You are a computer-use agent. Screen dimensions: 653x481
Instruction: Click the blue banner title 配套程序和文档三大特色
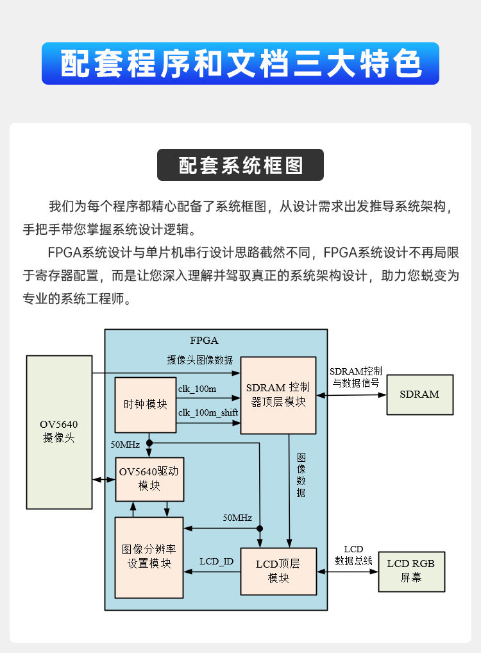coord(240,64)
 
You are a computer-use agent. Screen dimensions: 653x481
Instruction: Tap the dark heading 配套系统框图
coord(240,165)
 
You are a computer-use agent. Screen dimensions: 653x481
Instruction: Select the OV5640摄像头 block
coord(59,432)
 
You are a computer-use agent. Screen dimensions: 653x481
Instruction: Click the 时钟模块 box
coord(146,405)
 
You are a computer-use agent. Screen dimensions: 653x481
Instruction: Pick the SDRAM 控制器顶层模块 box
coord(278,394)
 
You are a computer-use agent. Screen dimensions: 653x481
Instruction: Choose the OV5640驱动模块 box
coord(149,479)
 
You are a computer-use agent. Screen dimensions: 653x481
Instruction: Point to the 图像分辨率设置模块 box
coord(149,557)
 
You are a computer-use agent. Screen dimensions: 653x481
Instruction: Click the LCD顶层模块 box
coord(278,571)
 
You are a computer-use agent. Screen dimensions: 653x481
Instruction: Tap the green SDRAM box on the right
coord(419,394)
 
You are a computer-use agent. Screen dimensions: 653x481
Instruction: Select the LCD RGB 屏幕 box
coord(411,570)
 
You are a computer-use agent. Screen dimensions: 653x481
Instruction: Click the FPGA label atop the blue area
coord(204,340)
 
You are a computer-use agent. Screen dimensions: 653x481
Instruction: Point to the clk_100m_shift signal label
coord(208,413)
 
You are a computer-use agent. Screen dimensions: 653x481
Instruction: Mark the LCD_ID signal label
coord(216,562)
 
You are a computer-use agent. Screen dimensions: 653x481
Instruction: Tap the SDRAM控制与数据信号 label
coord(356,377)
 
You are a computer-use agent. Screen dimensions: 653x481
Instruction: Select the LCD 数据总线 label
coord(354,555)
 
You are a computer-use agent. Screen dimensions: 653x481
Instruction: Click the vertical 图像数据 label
coord(301,475)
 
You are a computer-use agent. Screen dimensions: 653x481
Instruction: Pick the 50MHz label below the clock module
coord(125,445)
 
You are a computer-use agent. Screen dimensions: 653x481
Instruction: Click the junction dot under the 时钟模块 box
coord(149,443)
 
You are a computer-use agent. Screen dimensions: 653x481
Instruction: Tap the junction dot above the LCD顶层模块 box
coord(260,529)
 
